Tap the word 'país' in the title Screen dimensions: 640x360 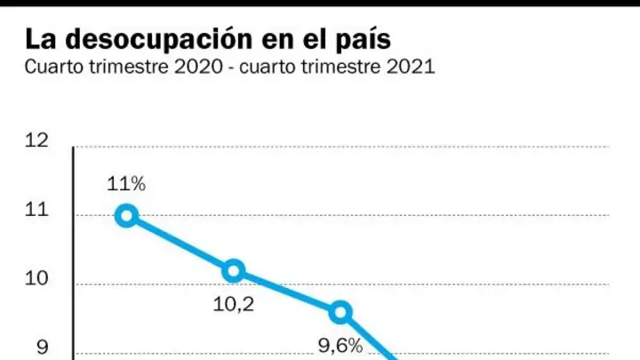364,40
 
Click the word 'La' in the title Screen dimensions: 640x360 40,39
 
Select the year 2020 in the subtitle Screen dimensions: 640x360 199,67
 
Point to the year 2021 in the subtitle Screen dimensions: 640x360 411,67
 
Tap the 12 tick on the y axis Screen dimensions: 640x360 36,140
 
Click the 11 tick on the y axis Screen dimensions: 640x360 36,210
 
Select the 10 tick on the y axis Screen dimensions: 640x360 36,278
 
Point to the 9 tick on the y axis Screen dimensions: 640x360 43,347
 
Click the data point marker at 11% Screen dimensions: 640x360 126,215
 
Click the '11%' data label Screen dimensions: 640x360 126,184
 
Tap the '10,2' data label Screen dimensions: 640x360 234,304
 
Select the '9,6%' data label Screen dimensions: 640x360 340,346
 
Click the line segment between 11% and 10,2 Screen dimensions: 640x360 180,244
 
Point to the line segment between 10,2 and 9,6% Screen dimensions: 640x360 287,292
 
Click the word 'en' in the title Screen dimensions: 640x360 276,41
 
